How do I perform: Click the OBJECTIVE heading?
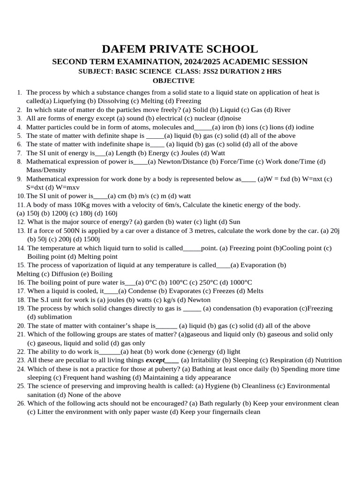coord(180,81)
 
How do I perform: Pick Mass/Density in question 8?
coord(46,170)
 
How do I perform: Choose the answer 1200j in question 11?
coord(58,213)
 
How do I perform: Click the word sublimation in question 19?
coord(54,317)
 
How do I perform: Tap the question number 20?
coord(21,326)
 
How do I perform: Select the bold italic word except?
coord(156,360)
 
